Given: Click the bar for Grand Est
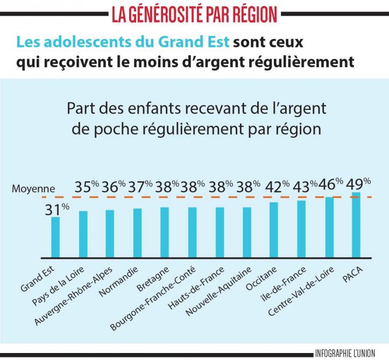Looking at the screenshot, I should pyautogui.click(x=55, y=236).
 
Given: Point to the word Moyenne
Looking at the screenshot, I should pyautogui.click(x=33, y=188).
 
